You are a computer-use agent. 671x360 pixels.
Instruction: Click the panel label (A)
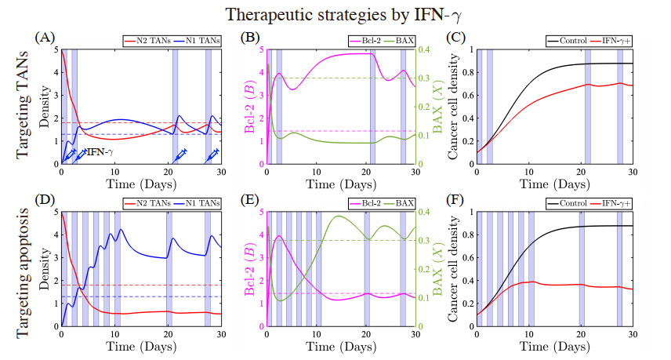[44, 37]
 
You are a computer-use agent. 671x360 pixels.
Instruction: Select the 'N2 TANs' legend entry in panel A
[150, 40]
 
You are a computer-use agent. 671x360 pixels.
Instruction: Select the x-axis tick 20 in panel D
[168, 334]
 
